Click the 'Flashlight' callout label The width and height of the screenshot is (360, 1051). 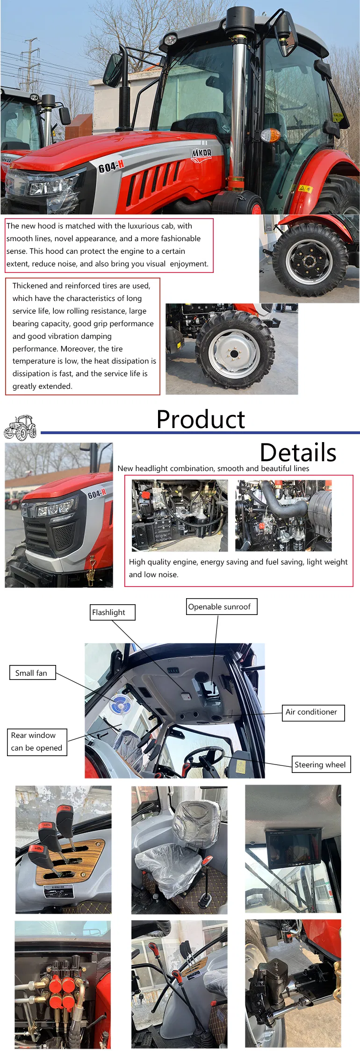[x=112, y=612]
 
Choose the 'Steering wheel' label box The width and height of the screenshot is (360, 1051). [x=320, y=765]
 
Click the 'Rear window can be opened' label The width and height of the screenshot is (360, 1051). [x=37, y=742]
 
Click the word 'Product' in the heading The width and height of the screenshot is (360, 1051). [x=201, y=419]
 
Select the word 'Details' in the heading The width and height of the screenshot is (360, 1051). [x=298, y=452]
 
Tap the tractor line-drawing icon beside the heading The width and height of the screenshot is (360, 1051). [x=21, y=428]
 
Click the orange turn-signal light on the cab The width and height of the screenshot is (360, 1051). [x=270, y=136]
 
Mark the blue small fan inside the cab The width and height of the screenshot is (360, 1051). [x=120, y=705]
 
